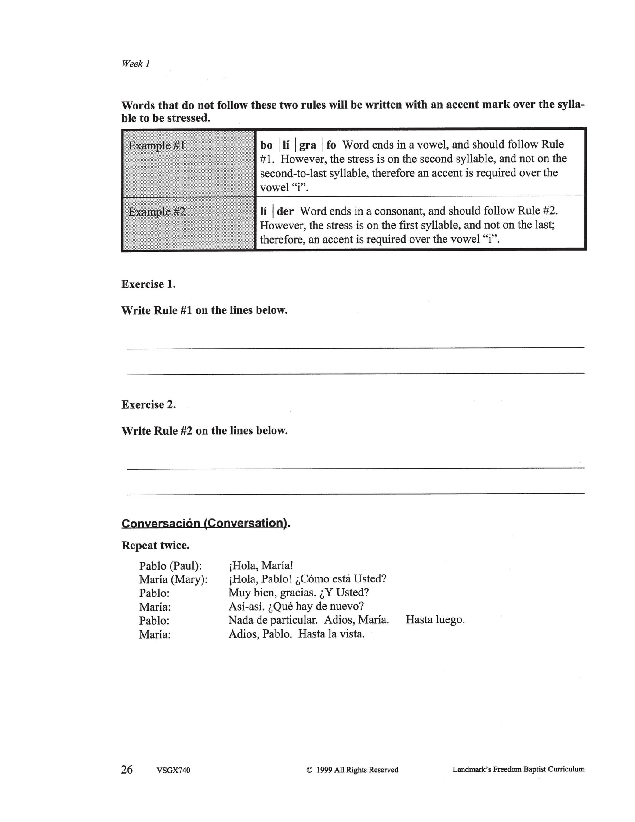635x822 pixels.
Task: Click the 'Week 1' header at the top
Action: (x=136, y=64)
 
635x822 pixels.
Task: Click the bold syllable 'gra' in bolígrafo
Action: (x=308, y=145)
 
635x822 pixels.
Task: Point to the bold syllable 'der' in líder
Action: (x=285, y=211)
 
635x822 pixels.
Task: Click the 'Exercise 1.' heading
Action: (x=149, y=284)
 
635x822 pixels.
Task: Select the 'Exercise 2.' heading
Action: (x=149, y=405)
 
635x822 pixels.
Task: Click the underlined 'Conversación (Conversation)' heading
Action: (x=204, y=524)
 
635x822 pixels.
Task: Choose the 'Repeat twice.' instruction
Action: (x=156, y=546)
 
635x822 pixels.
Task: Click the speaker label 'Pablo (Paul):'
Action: (x=171, y=566)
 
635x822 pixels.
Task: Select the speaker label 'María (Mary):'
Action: (x=173, y=580)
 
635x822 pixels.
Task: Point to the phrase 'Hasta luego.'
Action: (x=435, y=620)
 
